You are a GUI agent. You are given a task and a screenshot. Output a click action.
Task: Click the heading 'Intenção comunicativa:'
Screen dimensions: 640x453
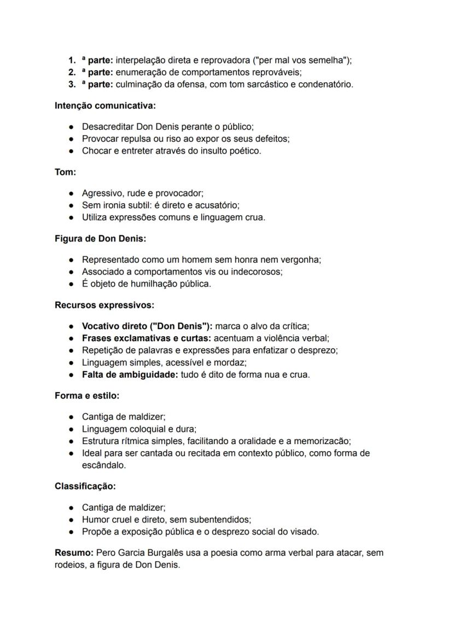tap(105, 105)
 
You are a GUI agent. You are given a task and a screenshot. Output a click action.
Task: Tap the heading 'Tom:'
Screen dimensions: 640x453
tap(65, 172)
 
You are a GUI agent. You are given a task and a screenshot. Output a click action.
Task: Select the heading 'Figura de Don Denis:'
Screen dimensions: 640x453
tap(100, 239)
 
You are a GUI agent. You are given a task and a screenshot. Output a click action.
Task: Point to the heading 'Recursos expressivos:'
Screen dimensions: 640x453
tap(104, 305)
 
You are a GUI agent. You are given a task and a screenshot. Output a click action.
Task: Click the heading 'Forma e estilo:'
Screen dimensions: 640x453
tap(87, 395)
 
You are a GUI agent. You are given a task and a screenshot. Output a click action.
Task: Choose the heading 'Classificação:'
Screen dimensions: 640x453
tap(85, 486)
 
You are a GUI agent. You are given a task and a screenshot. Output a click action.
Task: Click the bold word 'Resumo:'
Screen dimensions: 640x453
tap(70, 553)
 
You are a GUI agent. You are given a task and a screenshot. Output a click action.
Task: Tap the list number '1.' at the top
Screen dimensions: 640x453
tap(72, 60)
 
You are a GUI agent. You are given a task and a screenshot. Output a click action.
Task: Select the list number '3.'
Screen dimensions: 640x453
tap(72, 84)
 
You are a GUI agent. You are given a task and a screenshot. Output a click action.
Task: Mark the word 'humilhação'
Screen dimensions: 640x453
tap(152, 284)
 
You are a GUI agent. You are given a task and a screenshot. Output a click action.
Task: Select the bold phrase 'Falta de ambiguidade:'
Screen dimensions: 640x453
tap(130, 374)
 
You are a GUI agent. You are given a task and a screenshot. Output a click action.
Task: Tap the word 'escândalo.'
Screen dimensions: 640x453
tap(104, 465)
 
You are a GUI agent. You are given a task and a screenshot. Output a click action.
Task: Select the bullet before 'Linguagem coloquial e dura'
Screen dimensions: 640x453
tap(72, 429)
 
